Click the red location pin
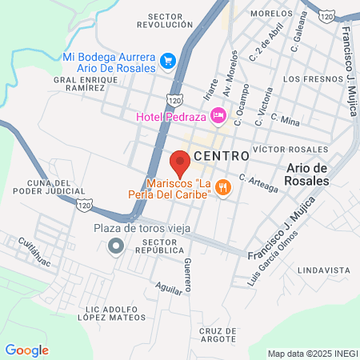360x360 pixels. click(x=180, y=161)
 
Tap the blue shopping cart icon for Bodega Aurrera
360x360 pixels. click(x=167, y=60)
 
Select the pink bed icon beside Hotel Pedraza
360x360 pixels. click(x=218, y=117)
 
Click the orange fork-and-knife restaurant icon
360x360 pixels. click(x=225, y=188)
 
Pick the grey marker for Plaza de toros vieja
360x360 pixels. click(x=117, y=246)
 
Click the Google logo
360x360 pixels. click(x=26, y=350)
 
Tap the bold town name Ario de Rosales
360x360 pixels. click(x=308, y=174)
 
